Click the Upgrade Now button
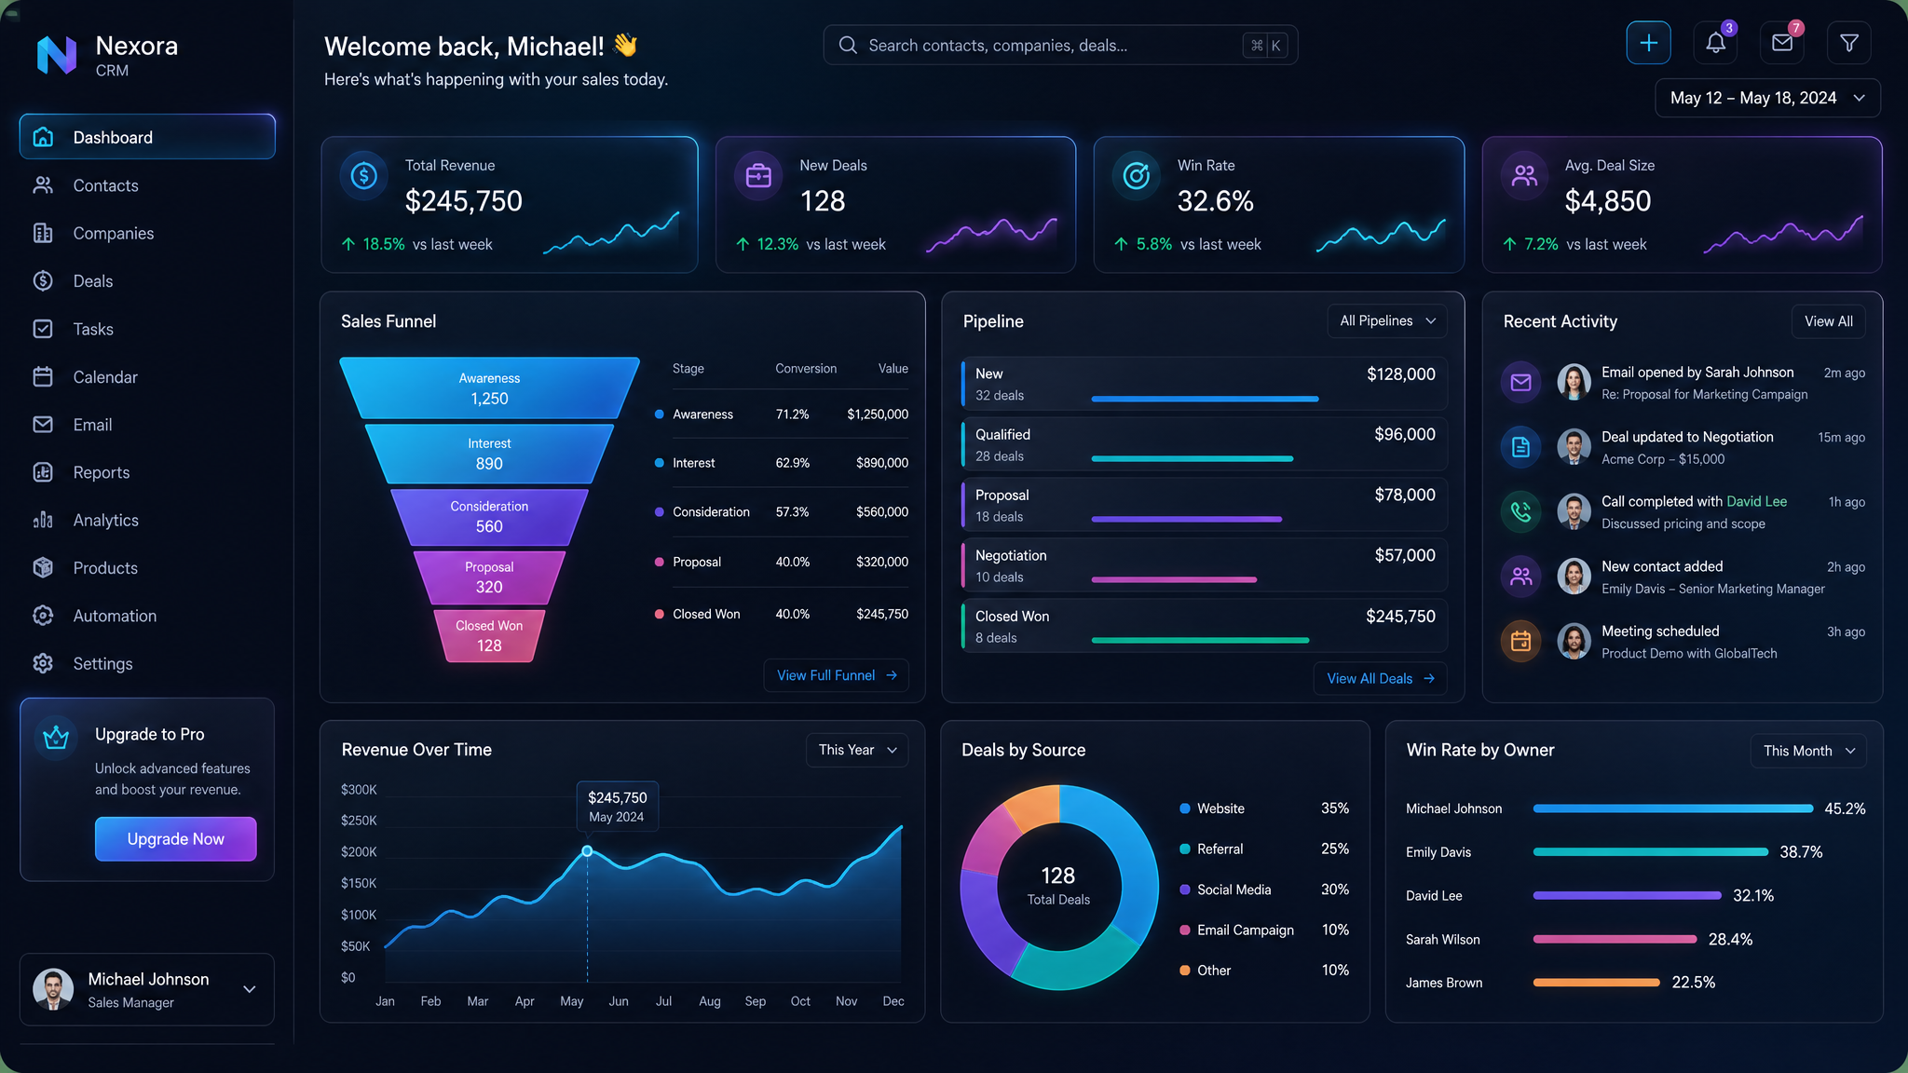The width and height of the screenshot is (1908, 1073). [x=175, y=838]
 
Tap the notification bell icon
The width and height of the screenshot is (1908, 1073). [x=1715, y=43]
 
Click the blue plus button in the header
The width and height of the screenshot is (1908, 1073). [x=1648, y=43]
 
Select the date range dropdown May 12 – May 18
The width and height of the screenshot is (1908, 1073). [x=1767, y=98]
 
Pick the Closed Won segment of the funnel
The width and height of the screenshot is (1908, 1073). [x=489, y=635]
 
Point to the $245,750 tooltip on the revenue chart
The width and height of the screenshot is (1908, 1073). [x=617, y=806]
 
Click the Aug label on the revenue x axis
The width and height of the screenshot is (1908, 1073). [x=710, y=1001]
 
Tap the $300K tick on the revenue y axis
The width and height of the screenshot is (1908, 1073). [x=359, y=790]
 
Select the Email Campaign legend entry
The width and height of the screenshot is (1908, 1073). [x=1245, y=930]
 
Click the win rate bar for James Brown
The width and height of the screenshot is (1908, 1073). [x=1596, y=982]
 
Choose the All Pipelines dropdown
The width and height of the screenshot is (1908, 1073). [x=1387, y=320]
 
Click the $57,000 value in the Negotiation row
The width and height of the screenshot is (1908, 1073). [x=1405, y=555]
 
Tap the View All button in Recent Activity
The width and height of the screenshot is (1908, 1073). [x=1828, y=321]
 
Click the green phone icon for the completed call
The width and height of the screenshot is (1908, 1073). [x=1520, y=511]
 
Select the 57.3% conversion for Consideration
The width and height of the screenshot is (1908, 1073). [x=792, y=512]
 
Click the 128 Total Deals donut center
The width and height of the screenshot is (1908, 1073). [x=1058, y=886]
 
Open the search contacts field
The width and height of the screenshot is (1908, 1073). [x=1060, y=45]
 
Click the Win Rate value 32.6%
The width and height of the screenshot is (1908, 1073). [x=1215, y=201]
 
